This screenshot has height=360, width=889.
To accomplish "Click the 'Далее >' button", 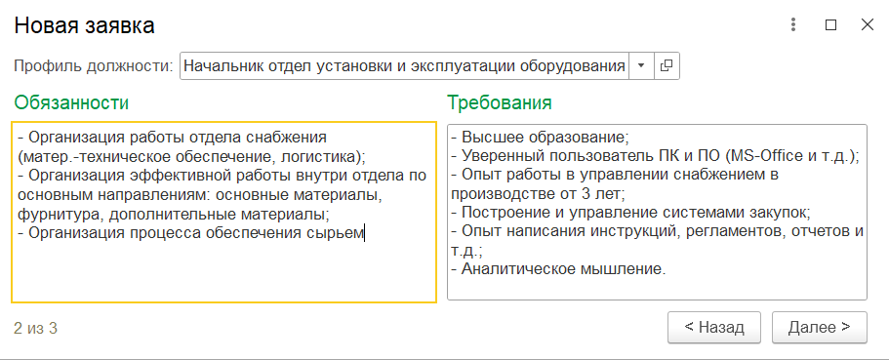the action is tap(820, 327).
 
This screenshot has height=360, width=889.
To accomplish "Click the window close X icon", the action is tap(867, 25).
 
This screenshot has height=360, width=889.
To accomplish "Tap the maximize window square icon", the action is tap(830, 25).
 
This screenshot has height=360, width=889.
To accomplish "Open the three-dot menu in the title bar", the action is tap(793, 25).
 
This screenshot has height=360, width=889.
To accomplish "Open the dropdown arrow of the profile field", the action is tap(641, 65).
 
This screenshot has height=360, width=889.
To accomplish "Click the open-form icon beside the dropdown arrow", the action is tap(667, 65).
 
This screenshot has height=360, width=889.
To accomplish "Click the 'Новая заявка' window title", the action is tap(84, 26).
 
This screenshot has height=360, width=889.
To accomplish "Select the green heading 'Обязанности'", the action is tap(71, 102).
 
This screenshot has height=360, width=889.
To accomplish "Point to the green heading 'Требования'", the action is tap(500, 102).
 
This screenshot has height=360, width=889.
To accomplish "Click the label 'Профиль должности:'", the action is tap(94, 66).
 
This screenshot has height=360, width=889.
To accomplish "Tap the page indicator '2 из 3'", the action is tap(35, 328).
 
